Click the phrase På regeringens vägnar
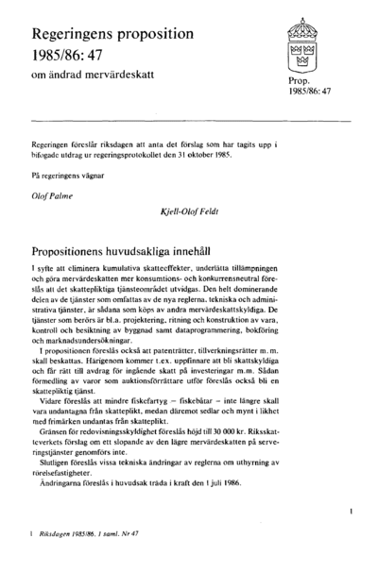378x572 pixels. point(65,176)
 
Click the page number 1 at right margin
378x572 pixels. point(352,511)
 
